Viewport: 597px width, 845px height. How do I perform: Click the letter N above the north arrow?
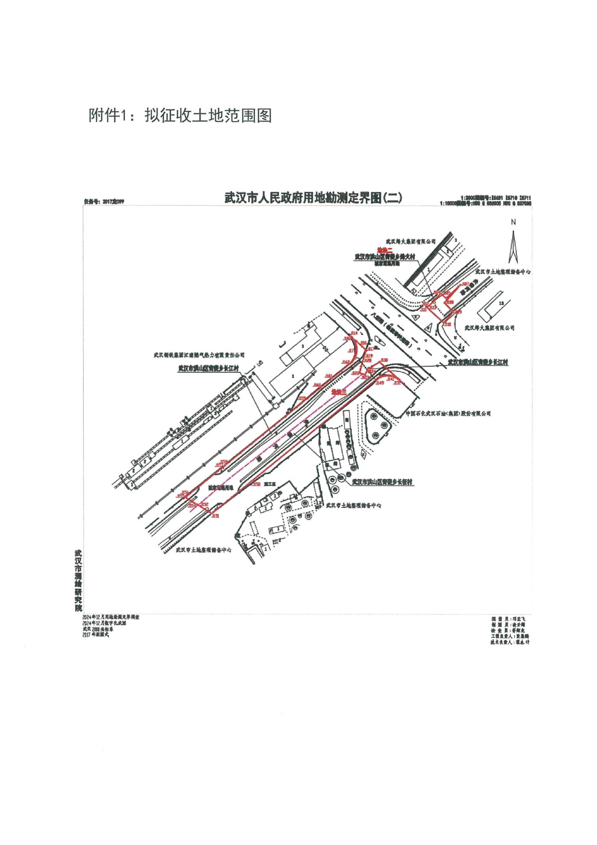tap(514, 222)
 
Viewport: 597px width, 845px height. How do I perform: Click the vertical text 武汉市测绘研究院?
tap(78, 581)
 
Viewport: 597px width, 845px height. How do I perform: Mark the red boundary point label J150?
tap(256, 484)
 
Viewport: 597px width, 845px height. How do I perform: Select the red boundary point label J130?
tap(384, 360)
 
